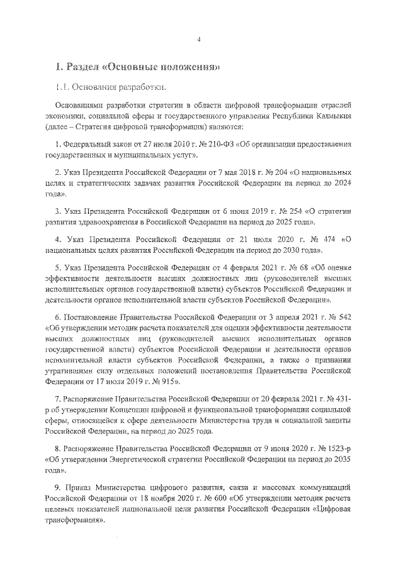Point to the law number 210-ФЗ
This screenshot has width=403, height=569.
[220, 145]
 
